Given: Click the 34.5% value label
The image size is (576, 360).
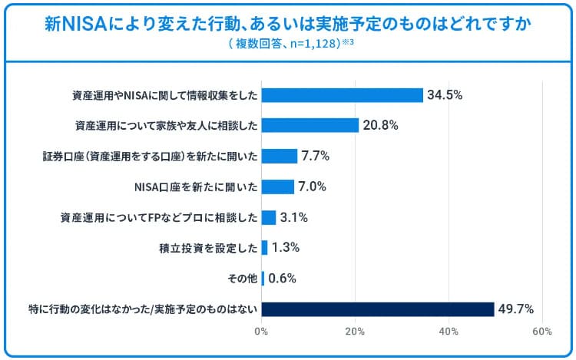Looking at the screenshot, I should coord(444,95).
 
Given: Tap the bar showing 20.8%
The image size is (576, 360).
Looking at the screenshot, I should coord(310,126).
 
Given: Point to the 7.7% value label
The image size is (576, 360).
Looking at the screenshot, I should coord(316,156).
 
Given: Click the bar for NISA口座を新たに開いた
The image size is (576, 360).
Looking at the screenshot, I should coord(277,187).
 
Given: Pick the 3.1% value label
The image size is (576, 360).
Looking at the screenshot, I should coord(294,217).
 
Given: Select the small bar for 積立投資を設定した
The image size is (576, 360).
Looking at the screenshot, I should coord(264,248).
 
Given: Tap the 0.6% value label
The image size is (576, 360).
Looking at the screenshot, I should coord(283,279).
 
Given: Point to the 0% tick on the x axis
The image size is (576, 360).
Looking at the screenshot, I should coord(261,332).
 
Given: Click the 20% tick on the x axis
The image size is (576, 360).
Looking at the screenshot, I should coord(355,332).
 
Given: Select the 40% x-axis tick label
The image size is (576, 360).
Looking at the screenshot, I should coord(449,332).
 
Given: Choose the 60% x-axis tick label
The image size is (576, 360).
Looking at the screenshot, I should coord(542,332).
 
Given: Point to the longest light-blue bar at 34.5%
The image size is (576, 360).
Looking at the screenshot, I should coord(342,95).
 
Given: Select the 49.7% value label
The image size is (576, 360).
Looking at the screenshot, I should coord(516,309).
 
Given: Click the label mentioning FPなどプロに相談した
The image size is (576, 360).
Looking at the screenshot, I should coord(158,217).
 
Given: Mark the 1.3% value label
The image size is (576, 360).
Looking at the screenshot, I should coord(286,248).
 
